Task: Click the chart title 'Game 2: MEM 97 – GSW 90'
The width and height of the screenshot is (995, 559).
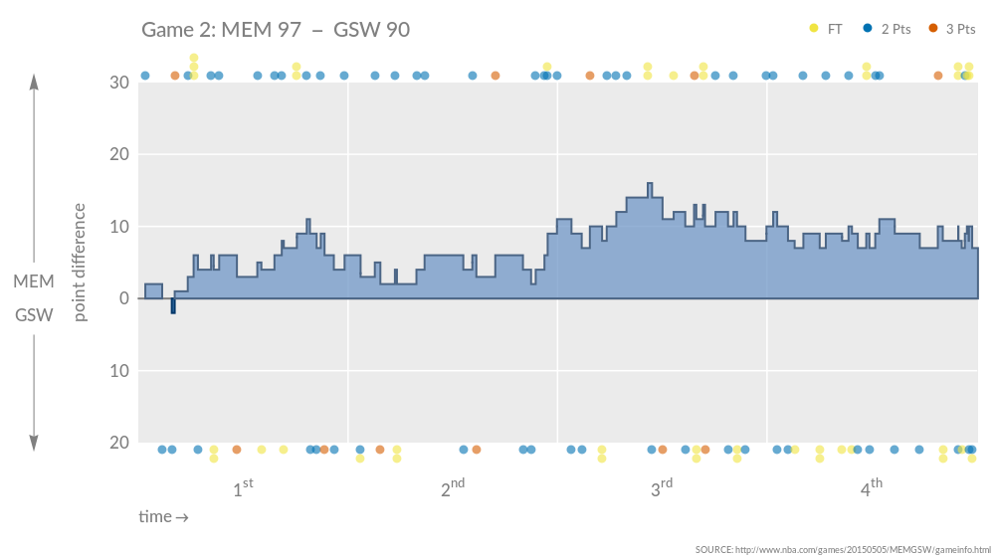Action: pyautogui.click(x=276, y=30)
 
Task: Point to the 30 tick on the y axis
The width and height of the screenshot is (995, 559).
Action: pyautogui.click(x=119, y=83)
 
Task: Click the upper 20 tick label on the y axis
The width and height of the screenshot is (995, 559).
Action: pyautogui.click(x=119, y=154)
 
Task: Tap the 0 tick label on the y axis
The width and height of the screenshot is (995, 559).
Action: pyautogui.click(x=124, y=298)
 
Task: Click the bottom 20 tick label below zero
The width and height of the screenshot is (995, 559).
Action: pyautogui.click(x=119, y=443)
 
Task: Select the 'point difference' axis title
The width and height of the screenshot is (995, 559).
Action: pyautogui.click(x=81, y=263)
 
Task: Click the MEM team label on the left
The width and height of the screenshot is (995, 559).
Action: pyautogui.click(x=34, y=282)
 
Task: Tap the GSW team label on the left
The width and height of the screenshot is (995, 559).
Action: pyautogui.click(x=34, y=315)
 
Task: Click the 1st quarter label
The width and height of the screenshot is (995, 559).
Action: pyautogui.click(x=243, y=488)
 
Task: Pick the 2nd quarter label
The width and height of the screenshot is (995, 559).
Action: pyautogui.click(x=453, y=488)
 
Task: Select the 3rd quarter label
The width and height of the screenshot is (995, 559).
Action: pyautogui.click(x=662, y=488)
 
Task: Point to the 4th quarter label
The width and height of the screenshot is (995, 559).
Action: pyautogui.click(x=871, y=488)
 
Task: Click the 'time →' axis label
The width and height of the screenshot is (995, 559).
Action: pyautogui.click(x=163, y=517)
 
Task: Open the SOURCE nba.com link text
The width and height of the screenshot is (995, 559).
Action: pyautogui.click(x=843, y=549)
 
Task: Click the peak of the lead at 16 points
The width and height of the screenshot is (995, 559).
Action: pyautogui.click(x=650, y=185)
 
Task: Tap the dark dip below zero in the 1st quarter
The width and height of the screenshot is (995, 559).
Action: pyautogui.click(x=173, y=306)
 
